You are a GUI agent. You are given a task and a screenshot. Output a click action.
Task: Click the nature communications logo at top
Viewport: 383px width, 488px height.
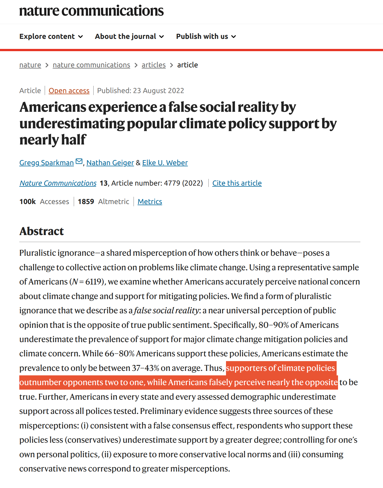(x=91, y=11)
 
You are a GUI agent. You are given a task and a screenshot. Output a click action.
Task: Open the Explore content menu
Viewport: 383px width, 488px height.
(x=51, y=37)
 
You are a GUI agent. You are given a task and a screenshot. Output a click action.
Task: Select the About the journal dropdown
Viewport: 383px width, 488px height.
(x=129, y=37)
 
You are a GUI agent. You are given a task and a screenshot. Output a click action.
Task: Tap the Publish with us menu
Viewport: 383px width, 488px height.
(x=206, y=37)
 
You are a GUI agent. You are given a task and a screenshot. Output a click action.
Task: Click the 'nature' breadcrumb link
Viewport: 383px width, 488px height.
(x=30, y=65)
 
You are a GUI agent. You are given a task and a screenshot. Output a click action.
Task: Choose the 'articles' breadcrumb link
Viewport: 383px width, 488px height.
(x=154, y=65)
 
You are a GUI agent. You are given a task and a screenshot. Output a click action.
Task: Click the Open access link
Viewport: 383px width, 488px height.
(x=69, y=91)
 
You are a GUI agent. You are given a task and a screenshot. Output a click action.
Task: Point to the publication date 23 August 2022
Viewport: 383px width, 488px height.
(x=158, y=91)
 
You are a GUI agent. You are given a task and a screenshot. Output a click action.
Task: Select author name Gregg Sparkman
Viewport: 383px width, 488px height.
(x=46, y=163)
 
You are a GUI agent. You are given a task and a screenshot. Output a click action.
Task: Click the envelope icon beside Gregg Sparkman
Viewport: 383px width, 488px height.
(x=79, y=162)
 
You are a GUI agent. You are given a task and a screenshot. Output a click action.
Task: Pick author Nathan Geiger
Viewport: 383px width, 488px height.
(x=110, y=163)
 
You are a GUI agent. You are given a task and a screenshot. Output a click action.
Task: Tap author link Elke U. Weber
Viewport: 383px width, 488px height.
(x=165, y=163)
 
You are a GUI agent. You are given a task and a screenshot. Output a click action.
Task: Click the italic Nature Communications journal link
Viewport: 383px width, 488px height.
(x=58, y=183)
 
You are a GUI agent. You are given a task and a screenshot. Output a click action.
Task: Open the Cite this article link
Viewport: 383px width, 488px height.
(x=237, y=183)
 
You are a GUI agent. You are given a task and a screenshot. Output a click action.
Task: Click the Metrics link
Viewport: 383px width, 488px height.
(x=150, y=202)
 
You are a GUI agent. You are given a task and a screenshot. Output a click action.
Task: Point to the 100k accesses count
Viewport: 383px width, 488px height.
(x=28, y=202)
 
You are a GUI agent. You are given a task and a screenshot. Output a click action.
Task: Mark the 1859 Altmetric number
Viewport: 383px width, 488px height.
(x=86, y=202)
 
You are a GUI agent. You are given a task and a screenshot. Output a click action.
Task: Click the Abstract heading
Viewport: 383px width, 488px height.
(x=42, y=231)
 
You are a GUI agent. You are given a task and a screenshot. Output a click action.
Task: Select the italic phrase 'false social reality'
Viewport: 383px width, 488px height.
(x=166, y=311)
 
